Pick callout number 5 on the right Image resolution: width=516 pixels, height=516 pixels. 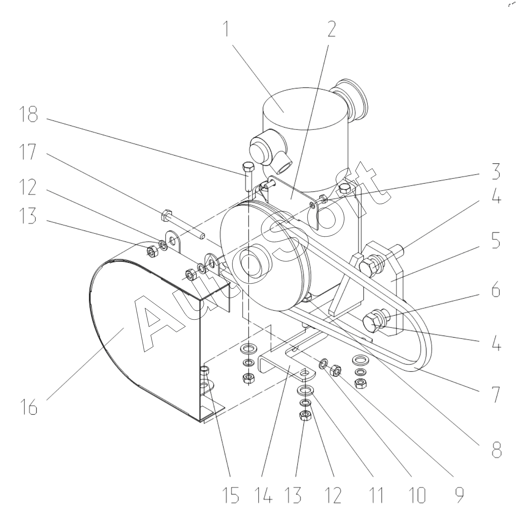[x=496, y=240]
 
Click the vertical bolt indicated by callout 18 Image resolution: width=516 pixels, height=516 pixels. [x=247, y=176]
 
